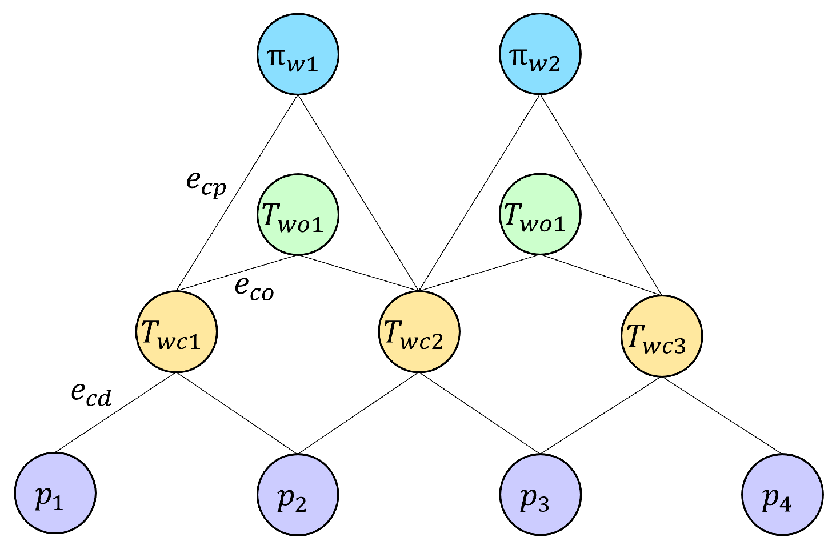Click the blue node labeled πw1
298,54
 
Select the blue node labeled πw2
540,54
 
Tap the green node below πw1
298,215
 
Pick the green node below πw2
540,215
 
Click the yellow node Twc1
177,332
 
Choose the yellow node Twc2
419,332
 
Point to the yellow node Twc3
662,336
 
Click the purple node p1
55,494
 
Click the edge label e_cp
206,184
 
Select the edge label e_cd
91,395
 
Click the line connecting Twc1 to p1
116,412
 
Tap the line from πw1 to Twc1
237,193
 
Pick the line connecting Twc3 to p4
722,415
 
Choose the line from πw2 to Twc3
601,196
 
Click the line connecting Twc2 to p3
479,414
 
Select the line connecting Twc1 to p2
237,414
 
